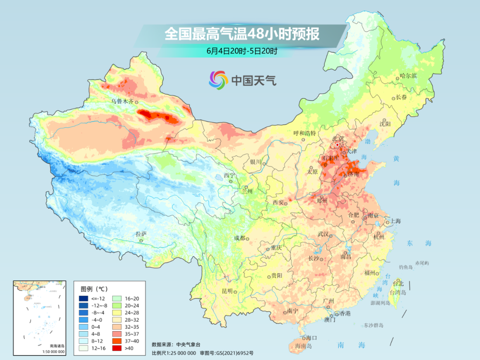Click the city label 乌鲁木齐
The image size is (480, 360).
tap(122, 101)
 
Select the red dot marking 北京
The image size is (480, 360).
tap(338, 144)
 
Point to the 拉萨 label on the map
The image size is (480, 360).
tap(141, 234)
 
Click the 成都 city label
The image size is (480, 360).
tap(240, 238)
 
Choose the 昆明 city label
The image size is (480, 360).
tap(227, 291)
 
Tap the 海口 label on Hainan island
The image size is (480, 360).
tap(312, 338)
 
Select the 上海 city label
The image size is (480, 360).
tap(395, 221)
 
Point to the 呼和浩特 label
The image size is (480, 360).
tap(304, 133)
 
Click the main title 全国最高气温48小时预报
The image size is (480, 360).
tap(242, 34)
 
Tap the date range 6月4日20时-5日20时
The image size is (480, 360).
tap(242, 51)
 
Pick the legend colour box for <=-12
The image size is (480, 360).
tap(84, 298)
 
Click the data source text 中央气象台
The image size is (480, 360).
tap(188, 344)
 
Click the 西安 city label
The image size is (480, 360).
tap(278, 202)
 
